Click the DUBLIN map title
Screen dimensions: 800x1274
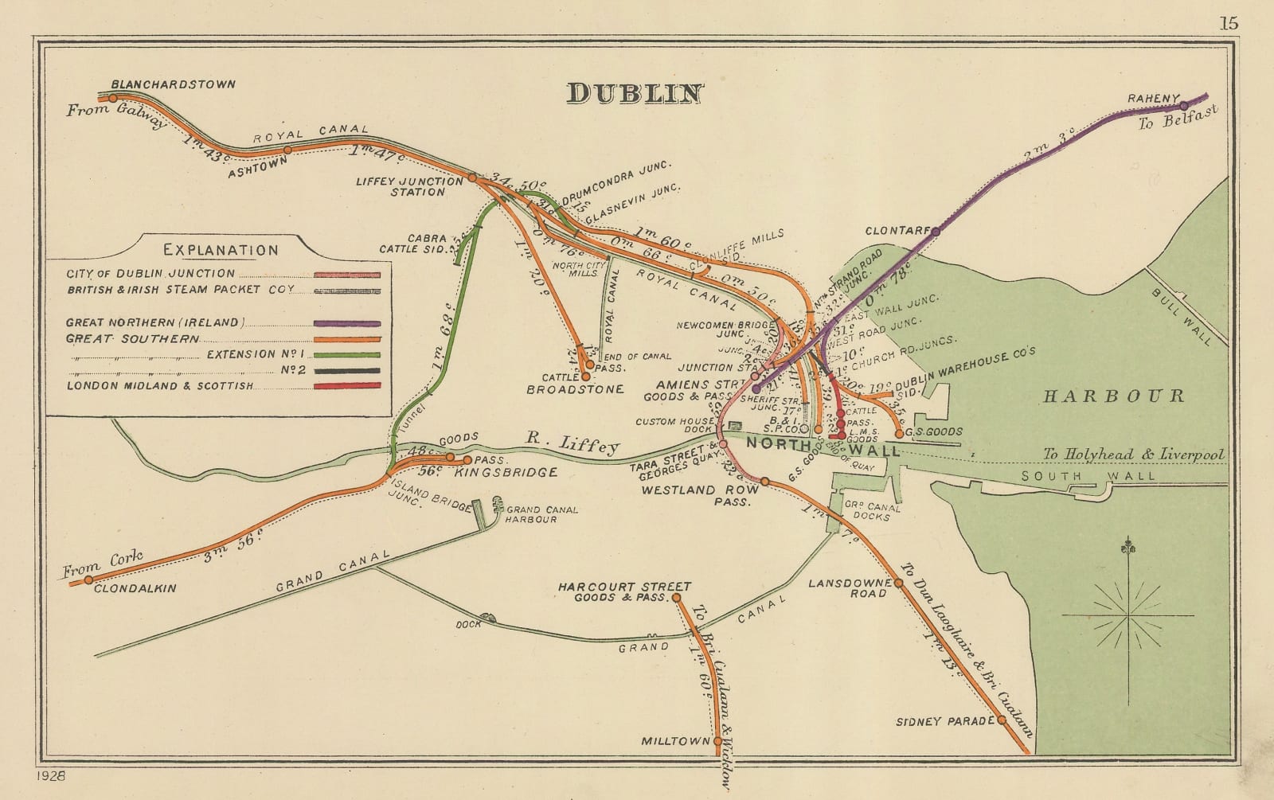point(635,94)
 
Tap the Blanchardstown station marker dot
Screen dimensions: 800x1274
point(113,98)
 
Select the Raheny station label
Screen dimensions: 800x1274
point(1151,99)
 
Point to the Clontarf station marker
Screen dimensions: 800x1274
point(936,232)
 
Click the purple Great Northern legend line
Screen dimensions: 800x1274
point(346,323)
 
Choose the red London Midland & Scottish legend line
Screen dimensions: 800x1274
point(346,386)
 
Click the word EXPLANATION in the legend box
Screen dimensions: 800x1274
point(221,250)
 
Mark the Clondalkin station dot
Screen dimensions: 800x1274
point(88,580)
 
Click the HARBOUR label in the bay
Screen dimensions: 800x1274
point(1113,396)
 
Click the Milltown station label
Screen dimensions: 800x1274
point(674,741)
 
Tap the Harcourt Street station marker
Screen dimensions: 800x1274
point(676,597)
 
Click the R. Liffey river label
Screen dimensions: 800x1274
point(573,443)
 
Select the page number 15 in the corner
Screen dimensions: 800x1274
point(1229,22)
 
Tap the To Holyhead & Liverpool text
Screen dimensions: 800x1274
point(1133,455)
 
